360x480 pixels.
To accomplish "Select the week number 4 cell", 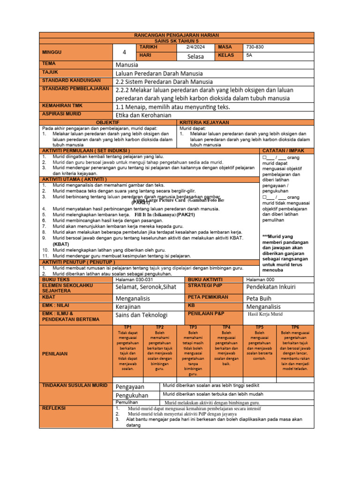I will (124, 52).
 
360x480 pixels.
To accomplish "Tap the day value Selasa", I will (195, 56).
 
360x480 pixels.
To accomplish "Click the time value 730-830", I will (255, 47).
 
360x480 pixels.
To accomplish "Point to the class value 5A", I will (249, 56).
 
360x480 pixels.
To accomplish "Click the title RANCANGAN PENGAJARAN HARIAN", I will (176, 36).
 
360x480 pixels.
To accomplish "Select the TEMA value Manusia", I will (127, 65).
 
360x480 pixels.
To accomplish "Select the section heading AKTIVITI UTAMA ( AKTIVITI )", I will (75, 179).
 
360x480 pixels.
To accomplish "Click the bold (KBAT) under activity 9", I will (61, 244).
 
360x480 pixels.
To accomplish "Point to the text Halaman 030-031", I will (135, 279).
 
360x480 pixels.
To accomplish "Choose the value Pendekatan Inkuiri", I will (271, 287).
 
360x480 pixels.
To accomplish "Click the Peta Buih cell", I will (258, 298).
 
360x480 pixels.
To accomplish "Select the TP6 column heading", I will (295, 327).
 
